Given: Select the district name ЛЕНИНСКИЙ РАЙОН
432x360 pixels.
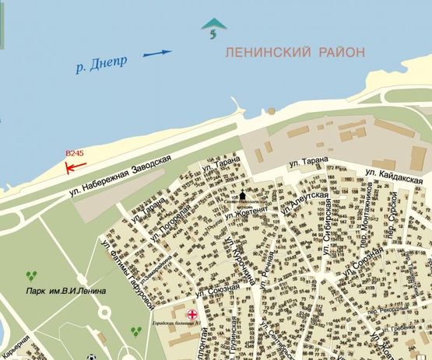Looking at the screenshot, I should [293, 52].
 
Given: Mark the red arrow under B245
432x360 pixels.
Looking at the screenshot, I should [75, 166].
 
